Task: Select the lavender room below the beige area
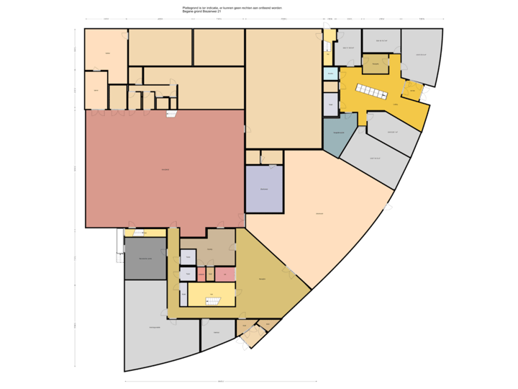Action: [264, 189]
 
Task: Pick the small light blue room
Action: [330, 73]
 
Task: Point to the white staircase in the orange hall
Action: [371, 91]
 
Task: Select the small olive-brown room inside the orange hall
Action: [375, 65]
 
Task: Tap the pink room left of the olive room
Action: [201, 274]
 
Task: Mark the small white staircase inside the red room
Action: [171, 114]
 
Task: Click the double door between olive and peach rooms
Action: [290, 272]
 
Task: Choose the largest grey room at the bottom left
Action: [155, 328]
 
